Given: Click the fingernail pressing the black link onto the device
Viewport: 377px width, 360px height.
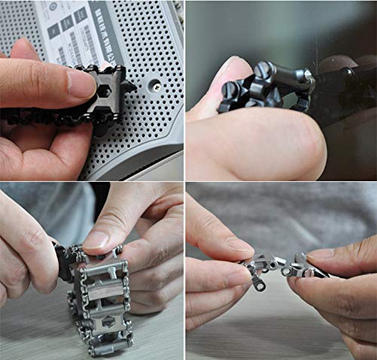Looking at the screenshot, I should pos(81,84).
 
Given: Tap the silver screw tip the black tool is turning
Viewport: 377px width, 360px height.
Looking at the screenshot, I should pos(307,75).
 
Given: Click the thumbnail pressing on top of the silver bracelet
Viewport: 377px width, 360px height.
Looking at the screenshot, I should pos(97,240).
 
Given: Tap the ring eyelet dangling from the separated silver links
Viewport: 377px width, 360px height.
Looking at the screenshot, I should pos(260,286).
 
